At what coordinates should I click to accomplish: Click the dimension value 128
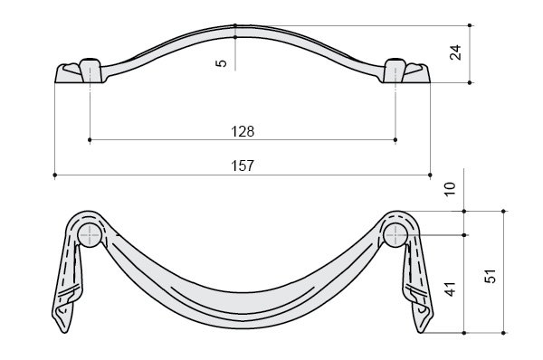tap(243, 131)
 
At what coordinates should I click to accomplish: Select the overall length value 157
tap(243, 166)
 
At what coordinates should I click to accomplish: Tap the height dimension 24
tap(456, 52)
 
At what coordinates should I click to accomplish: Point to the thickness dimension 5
tap(221, 63)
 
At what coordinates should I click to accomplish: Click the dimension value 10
tap(450, 189)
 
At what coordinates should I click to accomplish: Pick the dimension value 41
tap(450, 289)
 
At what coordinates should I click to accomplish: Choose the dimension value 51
tap(490, 276)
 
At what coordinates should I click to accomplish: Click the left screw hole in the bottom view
tap(90, 235)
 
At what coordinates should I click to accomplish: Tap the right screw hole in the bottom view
tap(395, 235)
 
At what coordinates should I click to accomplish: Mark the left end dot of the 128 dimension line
tap(90, 140)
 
